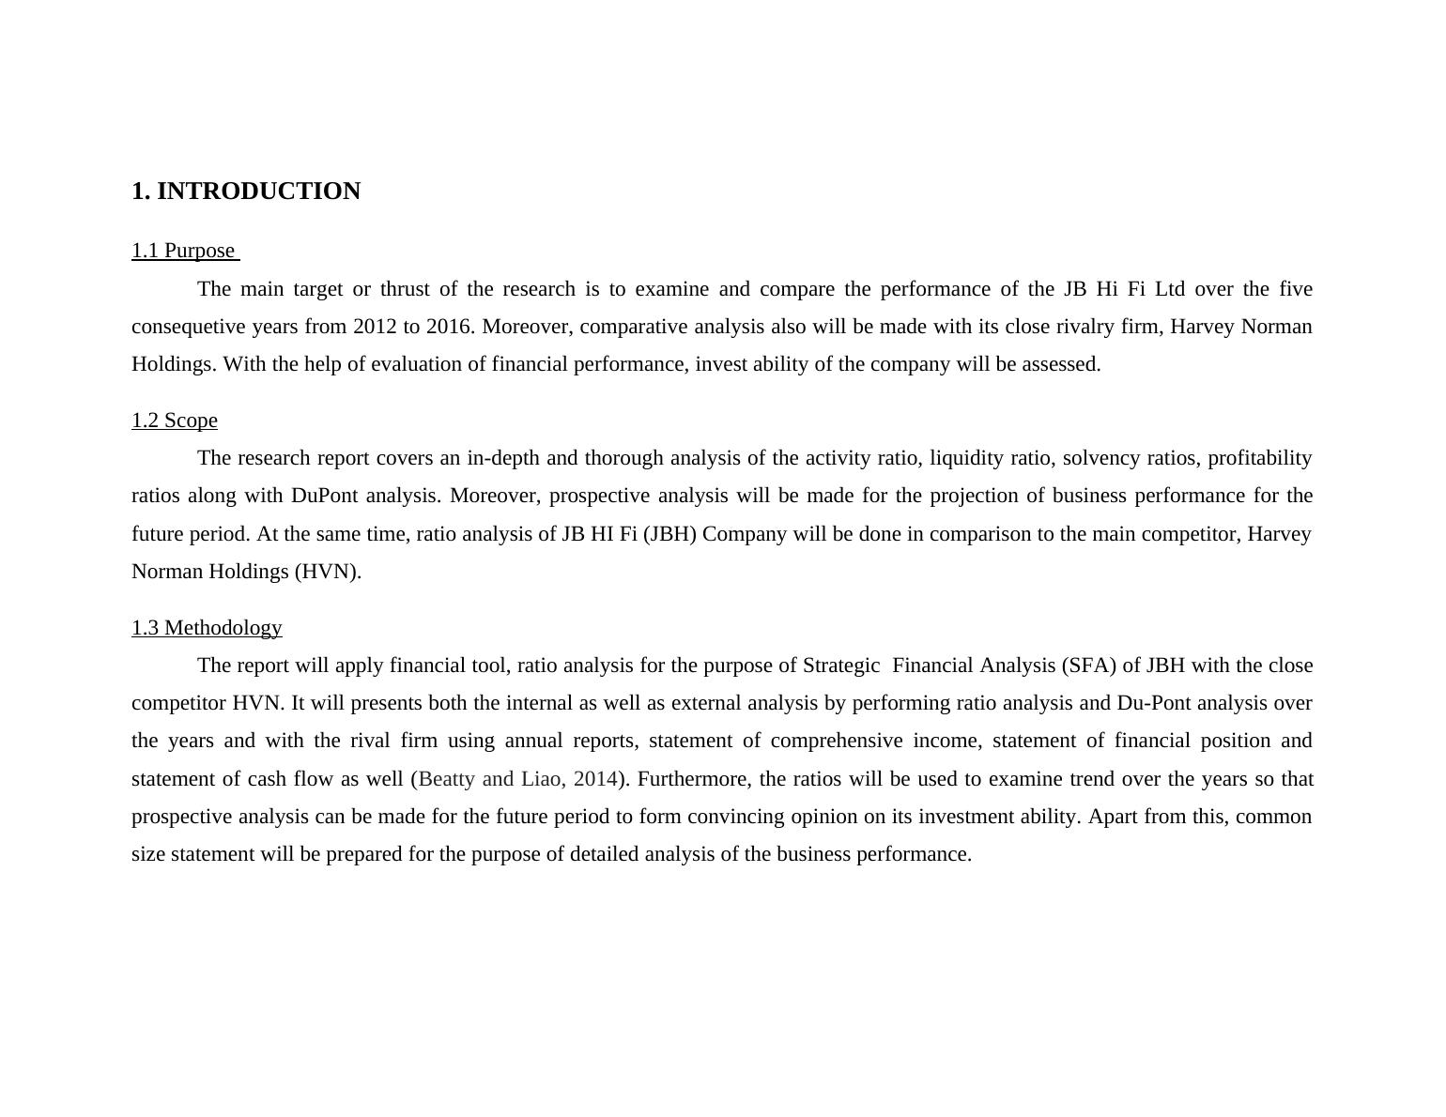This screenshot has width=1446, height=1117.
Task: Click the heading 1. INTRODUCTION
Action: (246, 191)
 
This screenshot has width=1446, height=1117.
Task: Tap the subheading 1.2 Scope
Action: (175, 421)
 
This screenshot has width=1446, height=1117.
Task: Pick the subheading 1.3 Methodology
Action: (207, 628)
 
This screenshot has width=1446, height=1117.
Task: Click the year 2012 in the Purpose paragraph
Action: (375, 327)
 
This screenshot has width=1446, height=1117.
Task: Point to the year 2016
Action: (448, 327)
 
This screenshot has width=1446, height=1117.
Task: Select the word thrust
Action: (404, 289)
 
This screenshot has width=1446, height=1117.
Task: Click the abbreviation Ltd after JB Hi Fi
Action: (1169, 289)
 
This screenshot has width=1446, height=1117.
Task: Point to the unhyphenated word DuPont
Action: (324, 496)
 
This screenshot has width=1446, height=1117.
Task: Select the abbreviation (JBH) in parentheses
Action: (669, 534)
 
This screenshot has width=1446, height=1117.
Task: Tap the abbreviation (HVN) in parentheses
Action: (326, 572)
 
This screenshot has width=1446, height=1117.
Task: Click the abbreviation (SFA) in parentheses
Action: (1088, 666)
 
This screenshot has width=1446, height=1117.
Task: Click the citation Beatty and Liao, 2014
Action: (517, 779)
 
